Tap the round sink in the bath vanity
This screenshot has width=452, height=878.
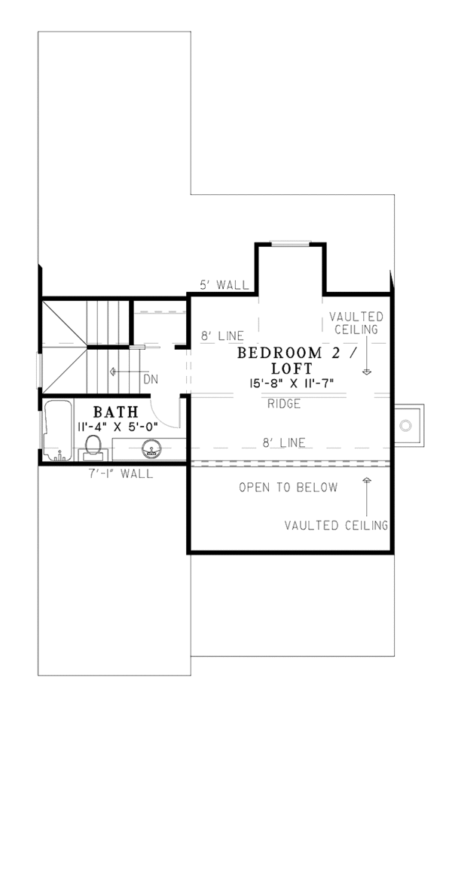coord(151,450)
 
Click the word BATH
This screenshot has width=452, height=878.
coord(115,412)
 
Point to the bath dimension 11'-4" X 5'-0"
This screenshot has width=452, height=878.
coord(117,426)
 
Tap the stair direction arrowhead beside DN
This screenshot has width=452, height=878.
coord(112,371)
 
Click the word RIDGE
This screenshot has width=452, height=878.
coord(284,404)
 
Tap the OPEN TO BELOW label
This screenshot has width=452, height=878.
coord(288,488)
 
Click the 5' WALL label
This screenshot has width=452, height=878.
coord(224,285)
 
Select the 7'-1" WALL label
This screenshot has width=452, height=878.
coord(120,474)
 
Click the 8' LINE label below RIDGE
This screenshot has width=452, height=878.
coord(284,443)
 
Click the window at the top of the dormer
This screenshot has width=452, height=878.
coord(291,242)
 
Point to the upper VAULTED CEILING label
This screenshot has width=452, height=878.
coord(356,323)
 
